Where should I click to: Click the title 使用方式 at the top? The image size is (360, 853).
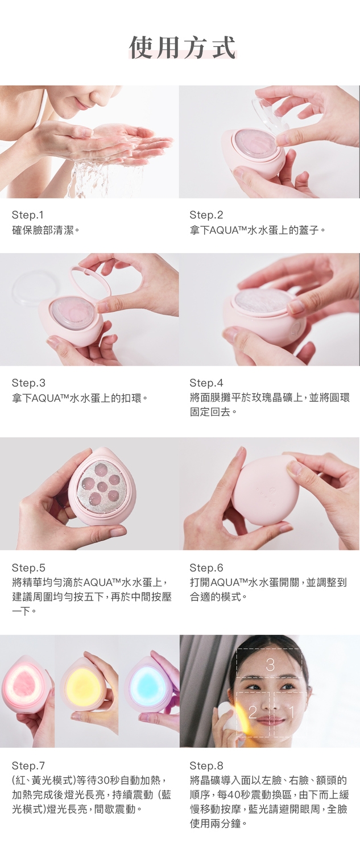[x=183, y=48]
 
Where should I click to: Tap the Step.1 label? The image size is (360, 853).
[x=28, y=215]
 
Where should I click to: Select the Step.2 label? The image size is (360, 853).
[x=206, y=215]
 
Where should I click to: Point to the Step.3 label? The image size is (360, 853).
[x=28, y=383]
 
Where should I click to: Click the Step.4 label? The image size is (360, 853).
[x=206, y=383]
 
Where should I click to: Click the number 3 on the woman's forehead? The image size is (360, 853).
[x=270, y=665]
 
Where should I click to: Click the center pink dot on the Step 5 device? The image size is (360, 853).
[x=101, y=486]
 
